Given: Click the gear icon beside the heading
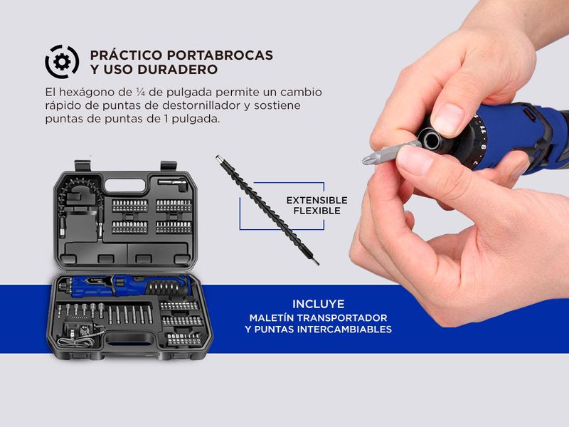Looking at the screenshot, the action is (62, 62).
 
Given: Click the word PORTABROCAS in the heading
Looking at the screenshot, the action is (220, 56).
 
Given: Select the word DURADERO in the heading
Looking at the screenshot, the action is (177, 69).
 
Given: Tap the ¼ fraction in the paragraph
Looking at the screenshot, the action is (140, 93).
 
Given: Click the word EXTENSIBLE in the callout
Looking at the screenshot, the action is (317, 200).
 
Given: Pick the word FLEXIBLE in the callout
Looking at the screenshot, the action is (317, 211).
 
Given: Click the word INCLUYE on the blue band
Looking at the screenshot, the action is (318, 304).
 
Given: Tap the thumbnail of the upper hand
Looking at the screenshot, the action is (447, 120).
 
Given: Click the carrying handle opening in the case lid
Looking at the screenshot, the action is (125, 186).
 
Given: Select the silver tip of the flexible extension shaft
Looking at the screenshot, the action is (218, 158).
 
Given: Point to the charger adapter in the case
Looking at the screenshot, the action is (80, 330).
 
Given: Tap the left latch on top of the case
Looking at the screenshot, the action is (82, 166).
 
